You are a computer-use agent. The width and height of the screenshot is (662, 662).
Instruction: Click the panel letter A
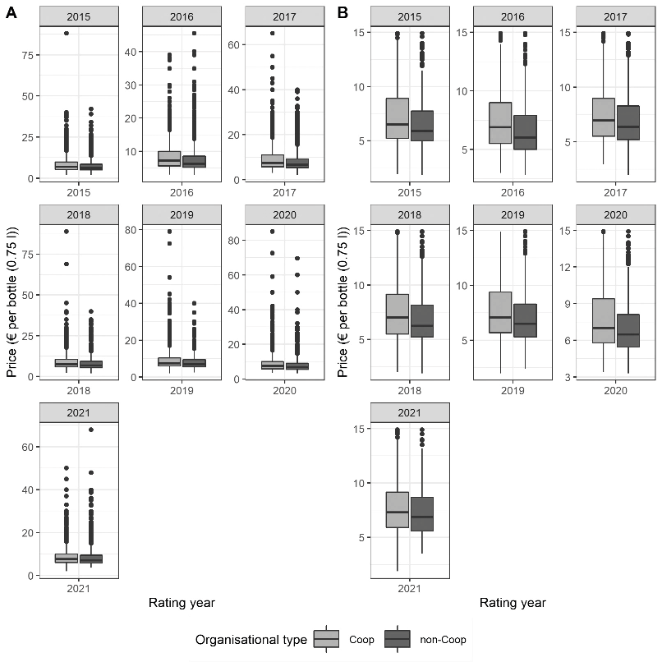tap(11, 13)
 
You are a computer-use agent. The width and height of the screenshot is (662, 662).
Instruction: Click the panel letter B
tap(342, 13)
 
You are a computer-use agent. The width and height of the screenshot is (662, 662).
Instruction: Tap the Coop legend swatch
tap(326, 639)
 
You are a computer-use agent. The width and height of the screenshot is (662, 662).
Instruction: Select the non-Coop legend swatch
tap(398, 639)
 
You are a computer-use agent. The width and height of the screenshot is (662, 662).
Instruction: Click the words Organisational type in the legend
tap(251, 640)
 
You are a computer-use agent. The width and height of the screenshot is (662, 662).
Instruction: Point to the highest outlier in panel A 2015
tap(67, 34)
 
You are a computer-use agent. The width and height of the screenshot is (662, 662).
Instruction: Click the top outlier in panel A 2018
tap(67, 232)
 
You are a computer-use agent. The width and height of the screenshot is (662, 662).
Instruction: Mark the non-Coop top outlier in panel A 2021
tap(91, 430)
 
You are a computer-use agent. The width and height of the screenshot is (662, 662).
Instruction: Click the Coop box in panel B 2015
tap(398, 118)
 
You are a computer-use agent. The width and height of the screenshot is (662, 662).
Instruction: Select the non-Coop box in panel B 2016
tap(525, 132)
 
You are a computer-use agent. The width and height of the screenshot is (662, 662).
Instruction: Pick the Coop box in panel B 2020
tap(604, 321)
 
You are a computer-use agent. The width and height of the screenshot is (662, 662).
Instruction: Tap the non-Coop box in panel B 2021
tap(422, 514)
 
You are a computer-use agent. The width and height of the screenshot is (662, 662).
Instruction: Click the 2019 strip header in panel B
tap(513, 215)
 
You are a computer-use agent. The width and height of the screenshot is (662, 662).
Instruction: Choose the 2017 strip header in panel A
tap(284, 17)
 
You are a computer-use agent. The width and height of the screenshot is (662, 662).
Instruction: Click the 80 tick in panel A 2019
tap(131, 230)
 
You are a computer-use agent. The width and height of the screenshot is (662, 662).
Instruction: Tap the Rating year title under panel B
tap(513, 603)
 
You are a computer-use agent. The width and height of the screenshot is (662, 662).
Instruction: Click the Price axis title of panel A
tap(11, 302)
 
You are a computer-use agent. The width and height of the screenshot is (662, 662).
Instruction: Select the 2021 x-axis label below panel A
tap(79, 589)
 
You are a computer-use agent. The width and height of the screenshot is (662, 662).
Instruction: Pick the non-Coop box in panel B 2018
tap(422, 321)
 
